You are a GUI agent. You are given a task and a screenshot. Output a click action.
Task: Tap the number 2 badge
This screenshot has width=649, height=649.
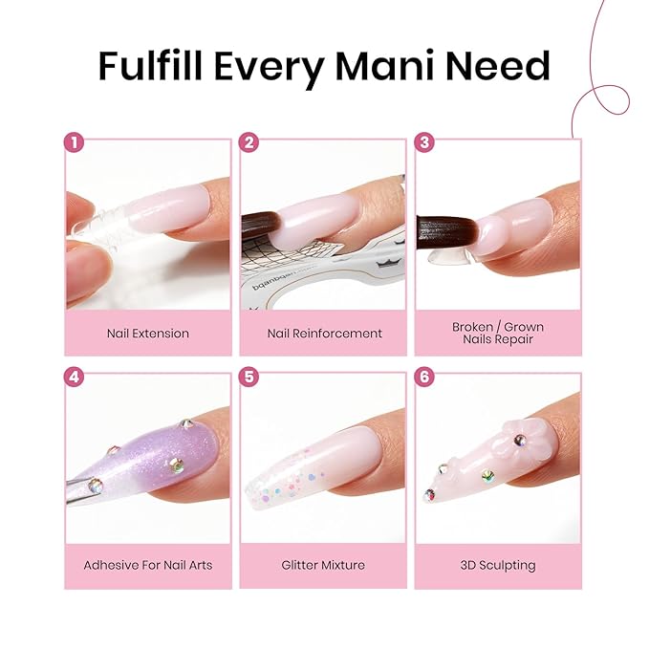pyautogui.click(x=250, y=143)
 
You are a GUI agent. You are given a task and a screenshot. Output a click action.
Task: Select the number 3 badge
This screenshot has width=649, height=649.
pyautogui.click(x=425, y=143)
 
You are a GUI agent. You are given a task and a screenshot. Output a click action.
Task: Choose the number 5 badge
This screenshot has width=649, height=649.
pyautogui.click(x=250, y=377)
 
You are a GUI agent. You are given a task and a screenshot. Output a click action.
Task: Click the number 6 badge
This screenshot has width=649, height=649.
pyautogui.click(x=425, y=377)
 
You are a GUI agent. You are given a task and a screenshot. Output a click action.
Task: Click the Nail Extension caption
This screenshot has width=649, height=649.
pyautogui.click(x=148, y=334)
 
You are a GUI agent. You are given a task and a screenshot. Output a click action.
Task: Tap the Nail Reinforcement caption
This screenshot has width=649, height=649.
pyautogui.click(x=323, y=334)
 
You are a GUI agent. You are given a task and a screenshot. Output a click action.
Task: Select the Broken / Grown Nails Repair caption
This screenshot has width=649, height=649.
pyautogui.click(x=498, y=333)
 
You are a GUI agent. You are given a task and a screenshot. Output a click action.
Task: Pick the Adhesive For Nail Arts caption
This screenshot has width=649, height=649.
pyautogui.click(x=148, y=565)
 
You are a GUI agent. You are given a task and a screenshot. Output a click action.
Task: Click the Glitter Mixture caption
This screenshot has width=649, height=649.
pyautogui.click(x=323, y=565)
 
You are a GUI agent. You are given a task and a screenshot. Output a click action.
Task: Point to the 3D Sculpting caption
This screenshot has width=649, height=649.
pyautogui.click(x=498, y=565)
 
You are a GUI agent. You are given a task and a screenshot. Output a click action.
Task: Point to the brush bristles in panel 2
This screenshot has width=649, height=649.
pyautogui.click(x=263, y=227)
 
